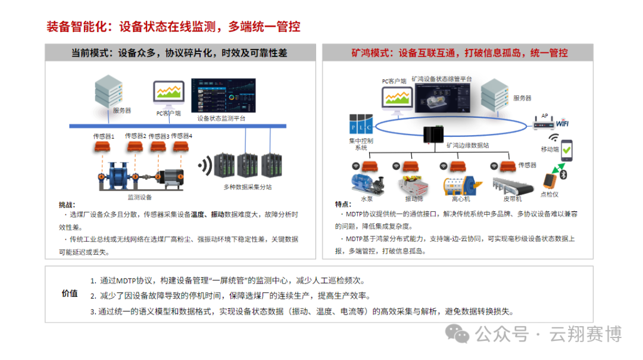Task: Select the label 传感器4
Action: point(182,136)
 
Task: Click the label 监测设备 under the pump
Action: point(140,197)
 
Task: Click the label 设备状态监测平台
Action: point(221,118)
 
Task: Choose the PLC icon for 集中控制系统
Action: point(361,124)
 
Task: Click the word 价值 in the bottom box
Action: point(70,293)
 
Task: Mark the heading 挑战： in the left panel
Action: point(67,204)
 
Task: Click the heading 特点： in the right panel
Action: point(344,204)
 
